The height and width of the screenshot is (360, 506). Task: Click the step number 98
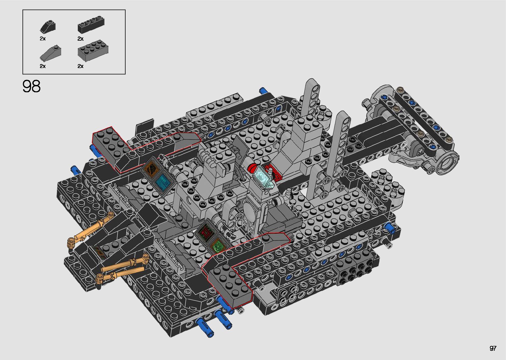(31, 86)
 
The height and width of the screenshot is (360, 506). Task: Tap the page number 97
(493, 348)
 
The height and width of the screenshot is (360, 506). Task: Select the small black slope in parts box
(48, 27)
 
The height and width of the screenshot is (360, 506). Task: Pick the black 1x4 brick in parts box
(91, 24)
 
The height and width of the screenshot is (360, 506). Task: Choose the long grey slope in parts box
(51, 53)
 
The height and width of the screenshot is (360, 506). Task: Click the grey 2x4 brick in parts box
(93, 51)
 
